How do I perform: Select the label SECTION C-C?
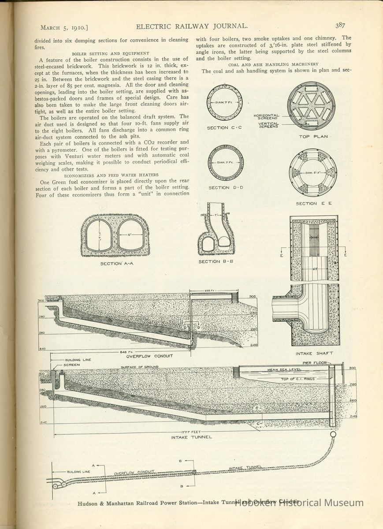[224, 128]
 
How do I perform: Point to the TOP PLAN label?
[313, 137]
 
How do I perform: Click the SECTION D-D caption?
[225, 188]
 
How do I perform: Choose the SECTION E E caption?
[312, 204]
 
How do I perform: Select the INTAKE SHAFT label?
[314, 353]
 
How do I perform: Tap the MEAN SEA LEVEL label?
[284, 370]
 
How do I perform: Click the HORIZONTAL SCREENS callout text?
[266, 117]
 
